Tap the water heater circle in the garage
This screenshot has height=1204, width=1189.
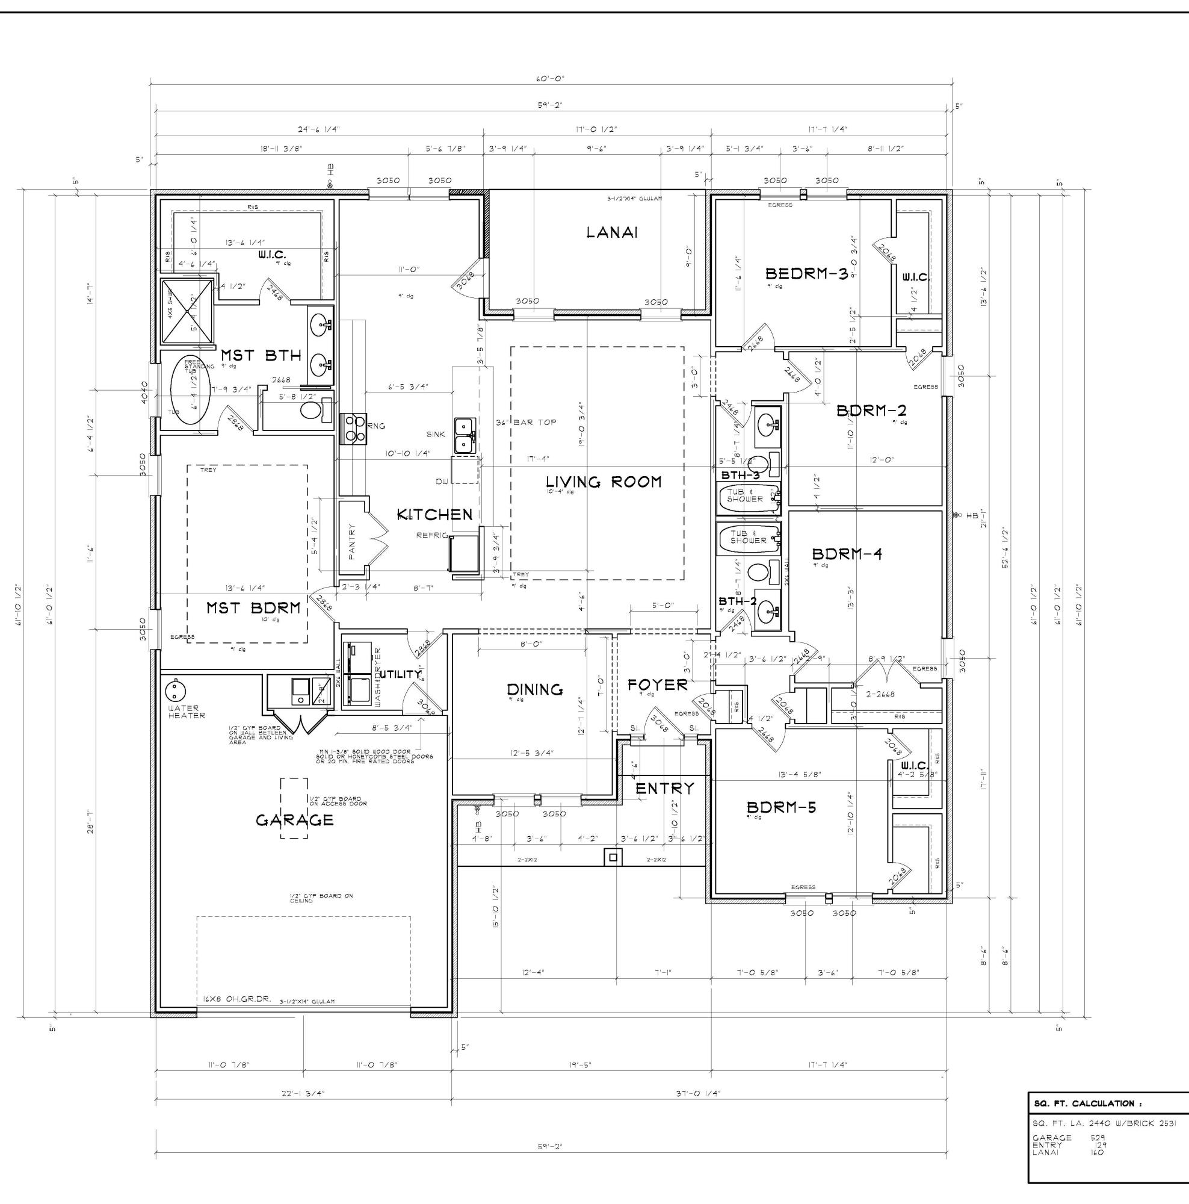[176, 690]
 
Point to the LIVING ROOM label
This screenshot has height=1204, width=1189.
[603, 482]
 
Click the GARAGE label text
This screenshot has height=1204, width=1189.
[295, 820]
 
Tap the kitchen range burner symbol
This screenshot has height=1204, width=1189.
[354, 428]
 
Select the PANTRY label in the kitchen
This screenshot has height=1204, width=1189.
[352, 541]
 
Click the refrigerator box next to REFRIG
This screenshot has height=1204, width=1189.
[463, 553]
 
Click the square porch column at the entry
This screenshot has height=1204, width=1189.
[614, 857]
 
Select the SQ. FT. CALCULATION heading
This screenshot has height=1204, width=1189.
[1087, 1103]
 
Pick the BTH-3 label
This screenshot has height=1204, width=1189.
[740, 476]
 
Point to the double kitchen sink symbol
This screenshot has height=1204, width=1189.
[465, 435]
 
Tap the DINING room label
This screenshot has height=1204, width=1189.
[534, 689]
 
